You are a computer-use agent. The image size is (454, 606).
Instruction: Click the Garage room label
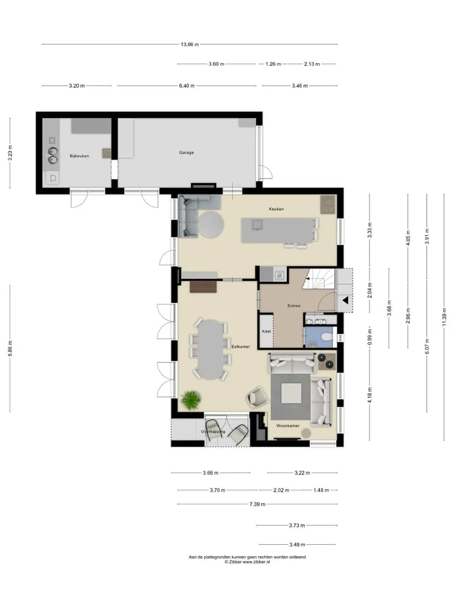pyautogui.click(x=187, y=153)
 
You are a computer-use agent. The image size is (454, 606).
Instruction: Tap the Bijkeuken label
pyautogui.click(x=79, y=156)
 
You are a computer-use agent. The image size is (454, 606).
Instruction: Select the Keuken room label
pyautogui.click(x=276, y=209)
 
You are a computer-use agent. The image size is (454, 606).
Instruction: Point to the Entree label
pyautogui.click(x=294, y=306)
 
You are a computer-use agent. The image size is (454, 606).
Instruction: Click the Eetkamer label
pyautogui.click(x=240, y=347)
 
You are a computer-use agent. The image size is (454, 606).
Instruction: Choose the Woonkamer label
pyautogui.click(x=288, y=426)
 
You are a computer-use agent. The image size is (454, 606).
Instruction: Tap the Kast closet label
pyautogui.click(x=266, y=331)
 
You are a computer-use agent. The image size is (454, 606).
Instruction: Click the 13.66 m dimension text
pyautogui.click(x=190, y=44)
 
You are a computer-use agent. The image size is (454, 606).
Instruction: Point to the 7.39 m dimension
pyautogui.click(x=257, y=504)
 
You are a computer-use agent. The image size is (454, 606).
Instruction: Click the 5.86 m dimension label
pyautogui.click(x=11, y=348)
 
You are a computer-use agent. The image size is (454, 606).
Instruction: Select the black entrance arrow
pyautogui.click(x=345, y=300)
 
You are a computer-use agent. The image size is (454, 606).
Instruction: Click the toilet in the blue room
pyautogui.click(x=327, y=336)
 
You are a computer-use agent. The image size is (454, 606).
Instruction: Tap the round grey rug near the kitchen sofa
pyautogui.click(x=211, y=225)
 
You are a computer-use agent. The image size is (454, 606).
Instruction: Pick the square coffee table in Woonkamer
pyautogui.click(x=291, y=393)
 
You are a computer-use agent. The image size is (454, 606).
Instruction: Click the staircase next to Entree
pyautogui.click(x=318, y=278)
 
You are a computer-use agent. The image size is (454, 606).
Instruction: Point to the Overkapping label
pyautogui.click(x=213, y=432)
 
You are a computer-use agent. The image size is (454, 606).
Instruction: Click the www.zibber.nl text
pyautogui.click(x=256, y=562)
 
